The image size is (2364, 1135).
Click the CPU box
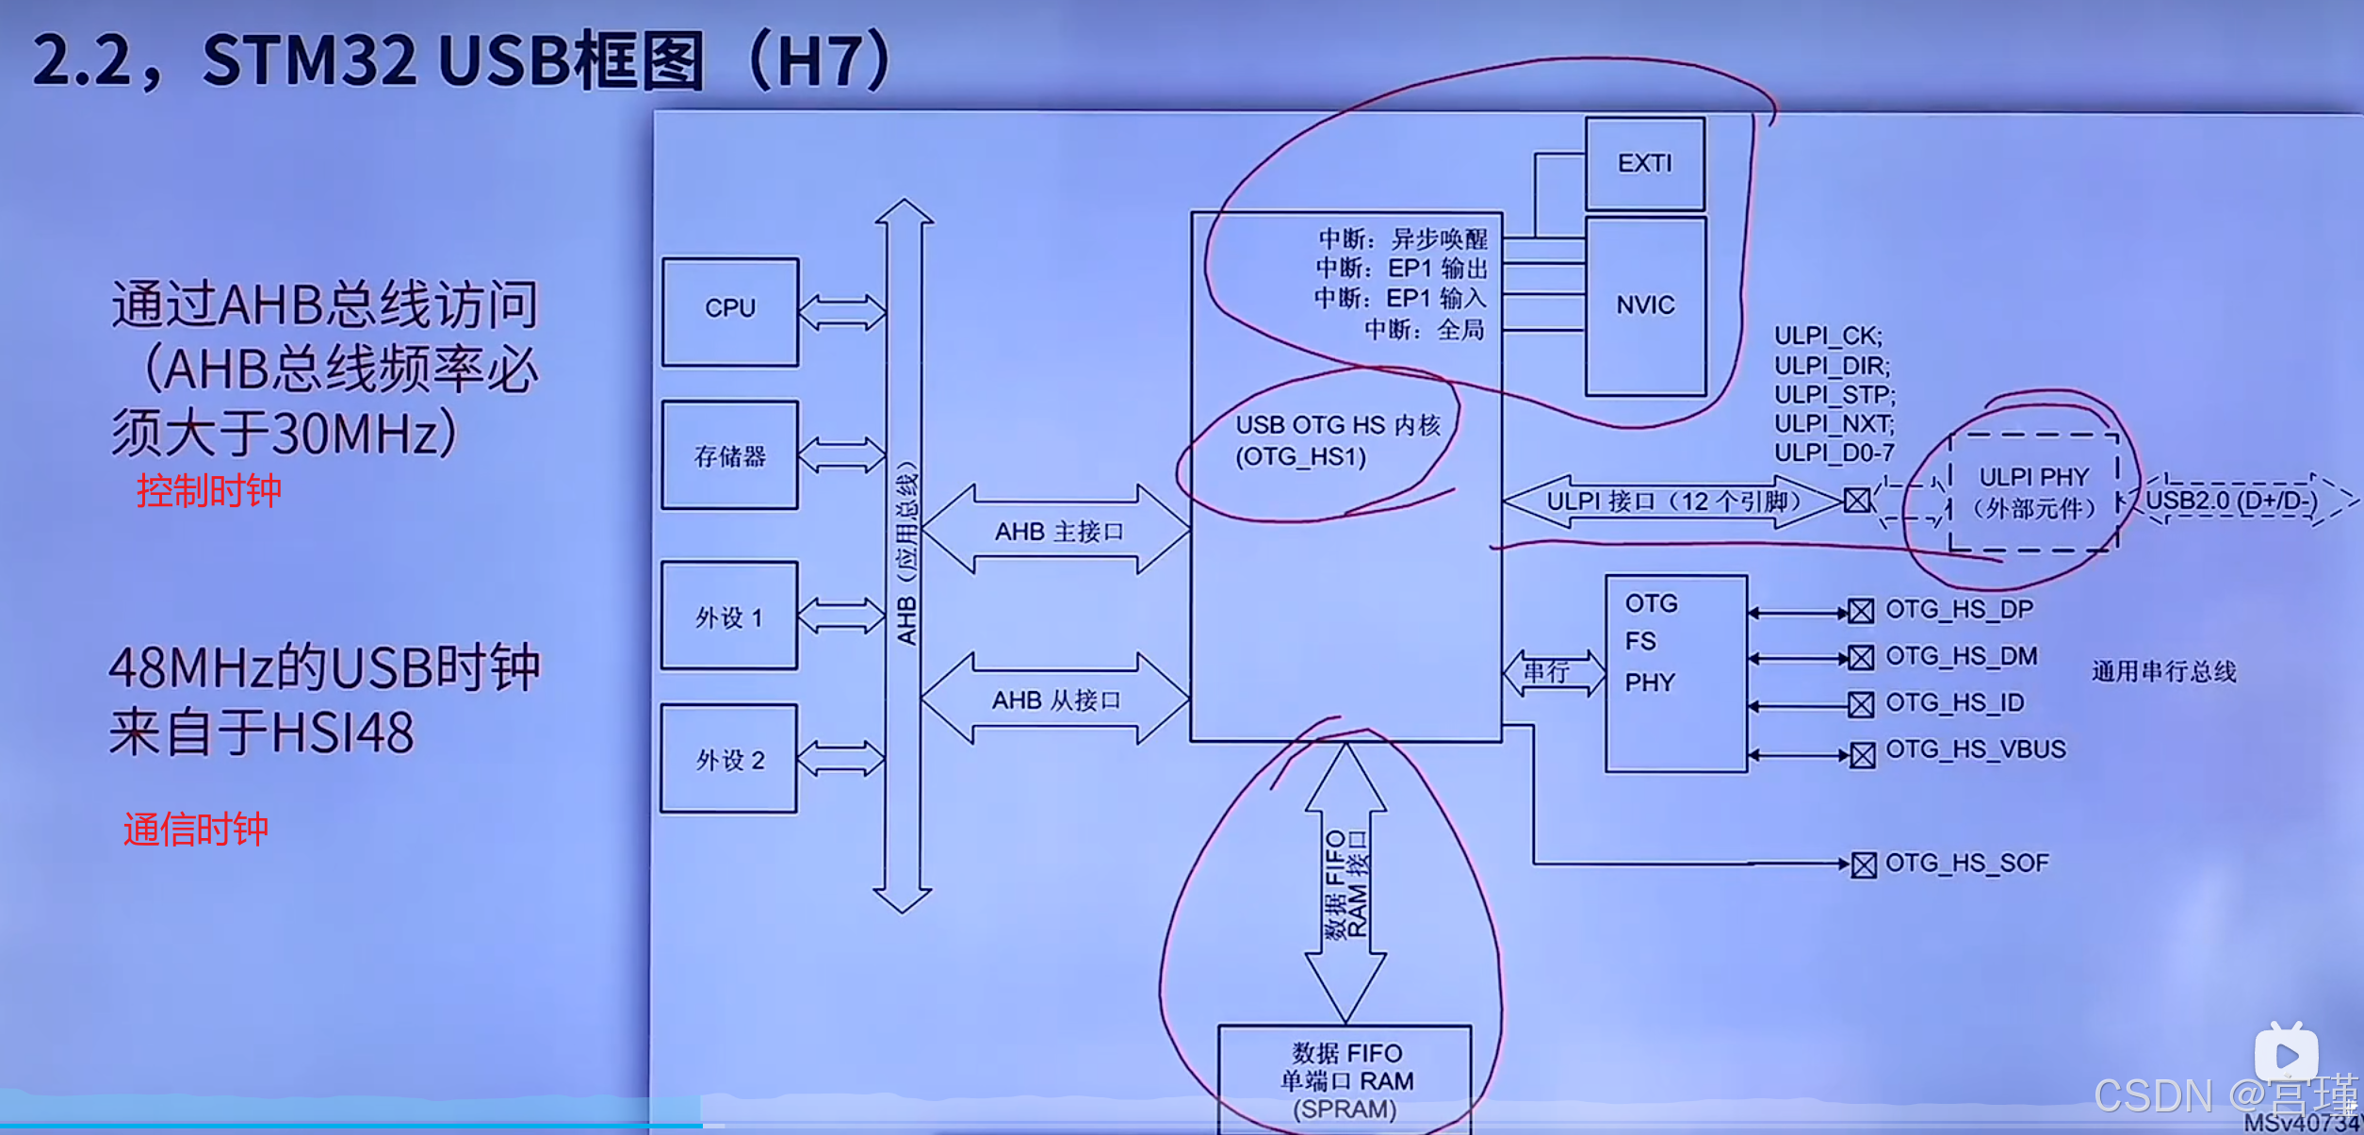point(730,311)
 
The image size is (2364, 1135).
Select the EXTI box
point(1645,164)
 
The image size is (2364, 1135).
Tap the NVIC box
point(1645,305)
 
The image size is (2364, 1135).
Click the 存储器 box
point(730,456)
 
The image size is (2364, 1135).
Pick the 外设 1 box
point(729,617)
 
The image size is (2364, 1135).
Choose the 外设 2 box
point(729,759)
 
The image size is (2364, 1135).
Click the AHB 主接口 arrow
point(1057,531)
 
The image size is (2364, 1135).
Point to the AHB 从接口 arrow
point(1055,699)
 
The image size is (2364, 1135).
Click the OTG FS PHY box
point(1676,673)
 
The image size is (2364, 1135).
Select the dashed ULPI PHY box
point(2033,492)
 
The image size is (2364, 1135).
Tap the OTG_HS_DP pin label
point(1959,610)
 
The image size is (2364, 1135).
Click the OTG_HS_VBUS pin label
point(1975,749)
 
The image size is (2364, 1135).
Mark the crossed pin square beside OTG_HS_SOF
point(1863,864)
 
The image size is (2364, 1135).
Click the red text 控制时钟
point(209,491)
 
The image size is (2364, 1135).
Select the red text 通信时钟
point(196,830)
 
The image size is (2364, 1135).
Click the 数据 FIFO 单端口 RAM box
point(1345,1079)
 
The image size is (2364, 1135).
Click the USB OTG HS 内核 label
point(1337,440)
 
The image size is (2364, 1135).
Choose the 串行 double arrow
point(1554,672)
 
